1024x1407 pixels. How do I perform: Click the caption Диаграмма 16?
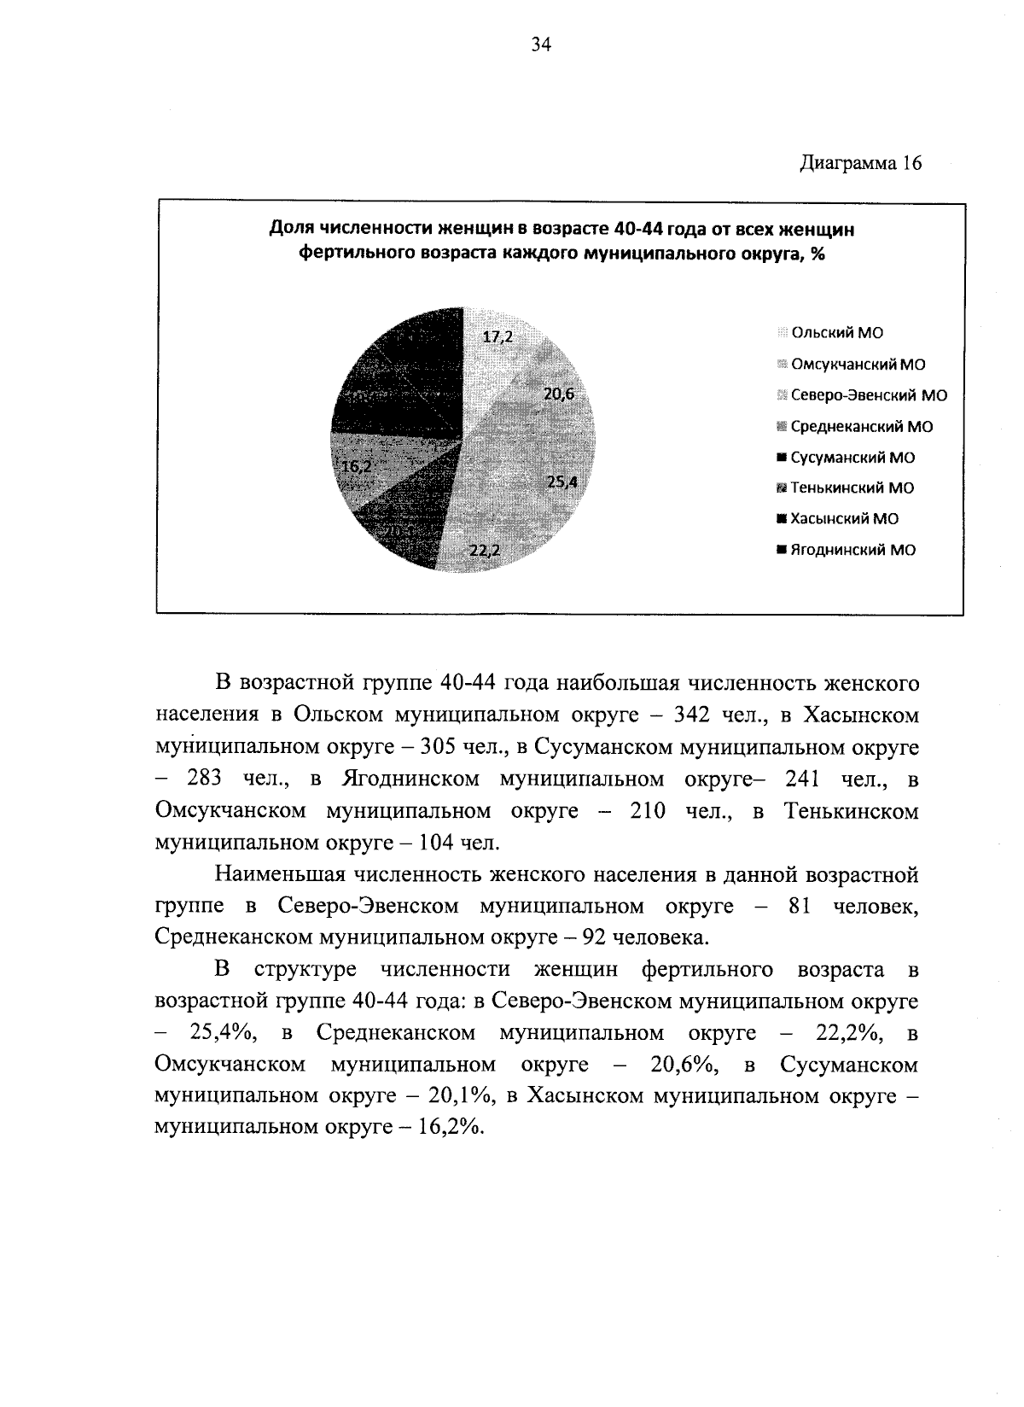pyautogui.click(x=860, y=164)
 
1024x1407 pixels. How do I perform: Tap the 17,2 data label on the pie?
pyautogui.click(x=497, y=336)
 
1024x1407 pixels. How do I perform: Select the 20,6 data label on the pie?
pyautogui.click(x=560, y=394)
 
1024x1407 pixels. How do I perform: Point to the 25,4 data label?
pyautogui.click(x=562, y=482)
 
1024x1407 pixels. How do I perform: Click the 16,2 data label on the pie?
pyautogui.click(x=356, y=466)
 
